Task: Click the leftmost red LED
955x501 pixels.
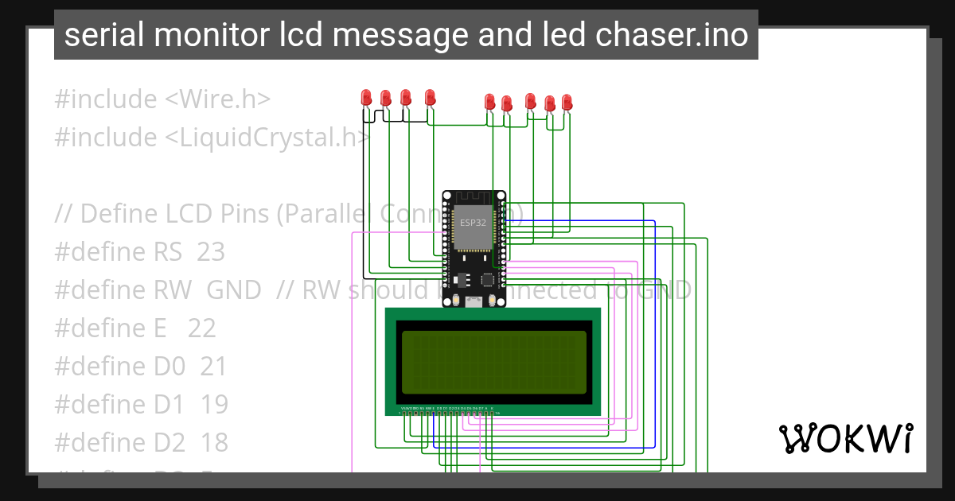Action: tap(366, 97)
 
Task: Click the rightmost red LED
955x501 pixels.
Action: tap(567, 102)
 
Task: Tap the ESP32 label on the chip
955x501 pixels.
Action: tap(473, 222)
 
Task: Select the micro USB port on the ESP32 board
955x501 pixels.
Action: tap(474, 301)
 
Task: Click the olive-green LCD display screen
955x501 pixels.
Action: tap(493, 363)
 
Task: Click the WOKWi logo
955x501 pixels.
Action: tap(845, 437)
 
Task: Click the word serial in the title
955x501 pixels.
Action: tap(101, 35)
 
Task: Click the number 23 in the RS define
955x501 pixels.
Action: tap(211, 252)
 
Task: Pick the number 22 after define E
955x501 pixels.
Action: tap(201, 328)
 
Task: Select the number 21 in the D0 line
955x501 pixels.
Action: tap(213, 367)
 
